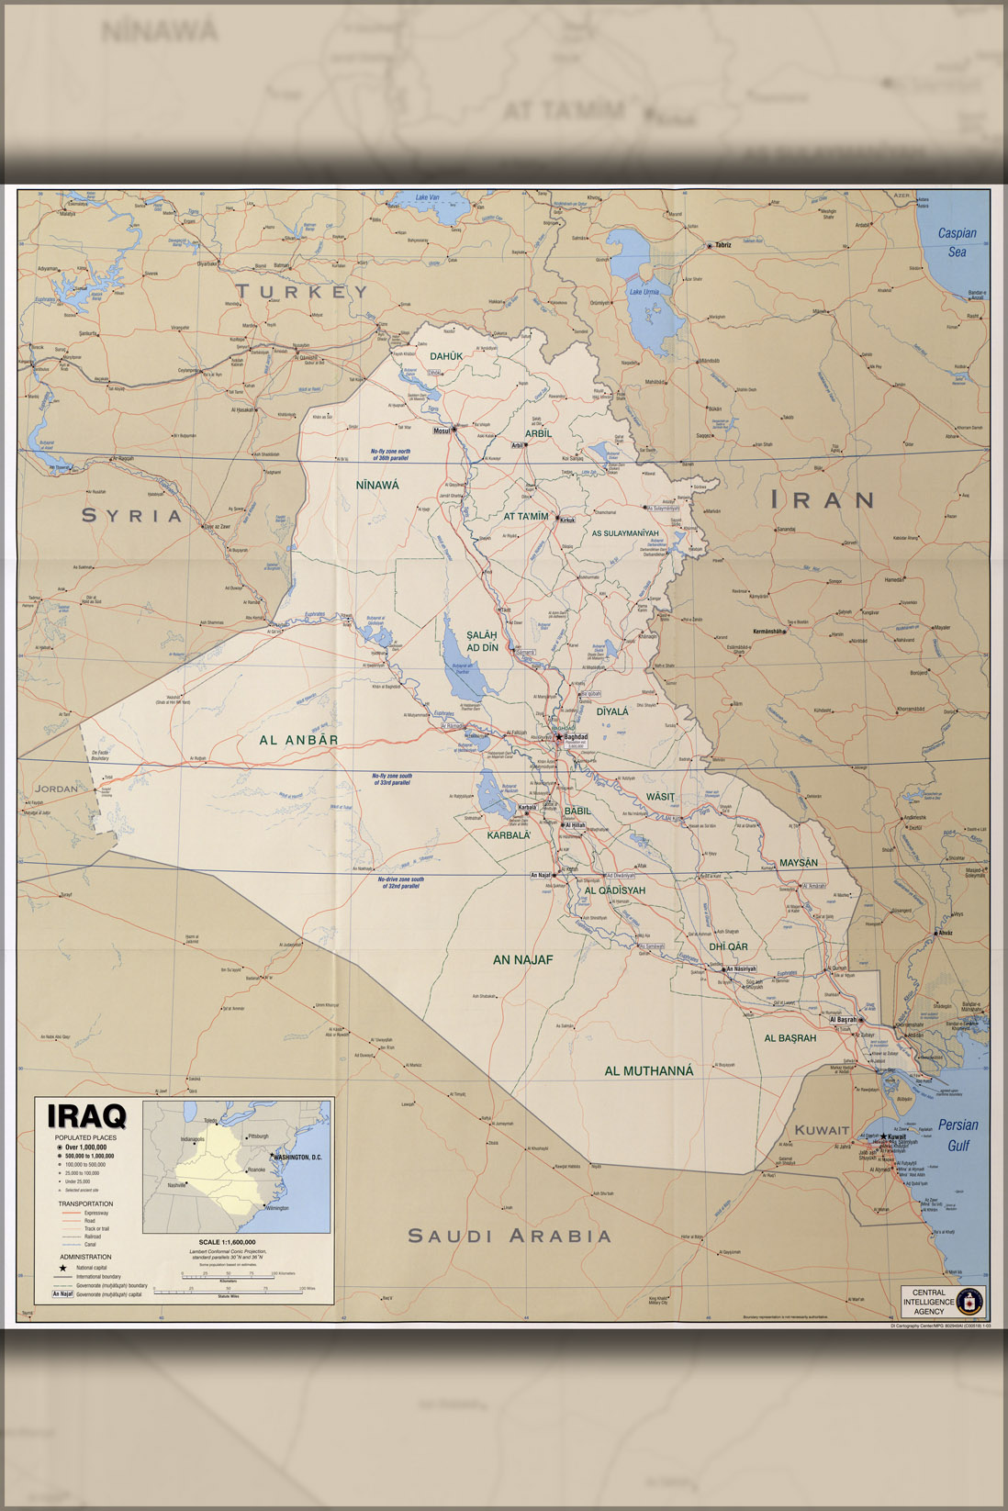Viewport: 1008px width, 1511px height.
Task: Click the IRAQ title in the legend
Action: click(x=87, y=1116)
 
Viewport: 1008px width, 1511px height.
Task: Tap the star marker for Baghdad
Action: click(x=558, y=736)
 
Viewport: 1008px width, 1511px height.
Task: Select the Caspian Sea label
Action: click(x=957, y=242)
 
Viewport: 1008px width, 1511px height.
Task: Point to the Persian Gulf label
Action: click(x=958, y=1135)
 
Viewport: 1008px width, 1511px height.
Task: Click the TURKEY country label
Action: click(x=301, y=292)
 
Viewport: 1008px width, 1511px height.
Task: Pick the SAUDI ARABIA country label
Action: click(x=510, y=1236)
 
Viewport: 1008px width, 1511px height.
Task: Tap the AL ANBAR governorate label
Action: click(x=298, y=740)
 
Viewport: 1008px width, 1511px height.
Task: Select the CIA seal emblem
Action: click(x=969, y=1301)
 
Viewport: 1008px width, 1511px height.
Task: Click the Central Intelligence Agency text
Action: click(x=928, y=1301)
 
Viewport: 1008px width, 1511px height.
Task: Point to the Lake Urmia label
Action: click(x=643, y=292)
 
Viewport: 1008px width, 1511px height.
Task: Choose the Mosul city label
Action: click(x=442, y=431)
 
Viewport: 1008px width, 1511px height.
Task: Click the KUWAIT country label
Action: click(x=822, y=1130)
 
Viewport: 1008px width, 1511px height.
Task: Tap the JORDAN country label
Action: click(x=56, y=789)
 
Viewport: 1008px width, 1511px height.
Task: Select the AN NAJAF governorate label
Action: click(x=522, y=959)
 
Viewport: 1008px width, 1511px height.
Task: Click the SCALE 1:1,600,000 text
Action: click(x=227, y=1242)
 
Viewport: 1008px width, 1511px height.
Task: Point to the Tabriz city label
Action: click(x=722, y=245)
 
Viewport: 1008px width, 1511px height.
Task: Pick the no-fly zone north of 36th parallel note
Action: click(x=390, y=454)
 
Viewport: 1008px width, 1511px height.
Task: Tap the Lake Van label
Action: click(x=427, y=197)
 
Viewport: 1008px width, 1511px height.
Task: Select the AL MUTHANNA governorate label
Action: click(x=648, y=1070)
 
